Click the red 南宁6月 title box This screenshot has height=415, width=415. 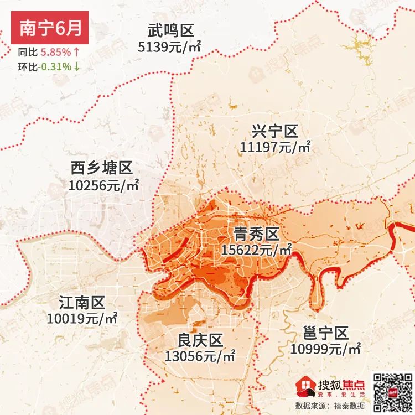coord(50,29)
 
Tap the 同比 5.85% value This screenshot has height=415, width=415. coord(55,53)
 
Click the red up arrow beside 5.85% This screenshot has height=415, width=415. coord(76,53)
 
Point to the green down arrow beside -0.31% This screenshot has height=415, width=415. coord(76,67)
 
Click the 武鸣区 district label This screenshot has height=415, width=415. coord(172,30)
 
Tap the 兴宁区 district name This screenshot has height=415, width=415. coord(274,131)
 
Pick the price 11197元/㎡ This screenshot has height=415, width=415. coord(276,147)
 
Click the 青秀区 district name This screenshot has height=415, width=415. coord(256,233)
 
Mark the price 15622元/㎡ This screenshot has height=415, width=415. coord(256,250)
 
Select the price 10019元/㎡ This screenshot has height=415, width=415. coord(82,319)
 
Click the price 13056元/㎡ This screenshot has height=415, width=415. coord(200,356)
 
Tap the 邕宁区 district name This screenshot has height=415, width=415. coord(326,333)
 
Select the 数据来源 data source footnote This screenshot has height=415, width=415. coord(326,406)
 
